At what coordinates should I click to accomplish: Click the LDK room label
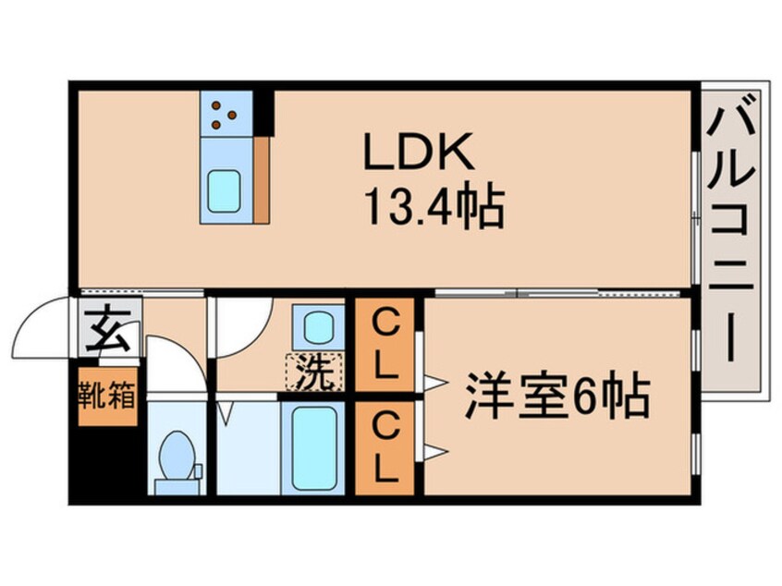pos(419,154)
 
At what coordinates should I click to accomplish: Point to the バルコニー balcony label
pos(730,235)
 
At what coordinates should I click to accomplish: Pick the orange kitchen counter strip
pos(263,181)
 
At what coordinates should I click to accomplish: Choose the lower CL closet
pos(385,449)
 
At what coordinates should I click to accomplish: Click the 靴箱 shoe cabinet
pos(107,398)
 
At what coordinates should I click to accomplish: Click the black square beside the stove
pos(264,110)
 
